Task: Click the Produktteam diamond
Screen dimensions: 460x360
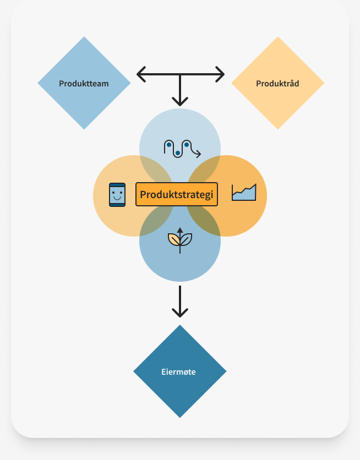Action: point(84,84)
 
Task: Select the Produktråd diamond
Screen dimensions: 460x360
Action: point(277,84)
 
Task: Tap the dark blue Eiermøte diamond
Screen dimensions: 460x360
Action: point(179,371)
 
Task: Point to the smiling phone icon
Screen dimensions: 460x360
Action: point(117,194)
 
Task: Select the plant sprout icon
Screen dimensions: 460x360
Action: point(180,239)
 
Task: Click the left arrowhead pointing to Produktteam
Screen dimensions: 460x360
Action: point(140,73)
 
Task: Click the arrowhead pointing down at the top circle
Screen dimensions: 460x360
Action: point(180,102)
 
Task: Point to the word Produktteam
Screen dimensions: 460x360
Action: point(84,84)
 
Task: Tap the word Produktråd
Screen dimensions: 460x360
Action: point(277,84)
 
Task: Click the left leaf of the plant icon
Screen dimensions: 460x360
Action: point(174,239)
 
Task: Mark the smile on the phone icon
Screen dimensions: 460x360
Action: point(117,198)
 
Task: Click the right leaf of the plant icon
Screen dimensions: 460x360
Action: point(187,239)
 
